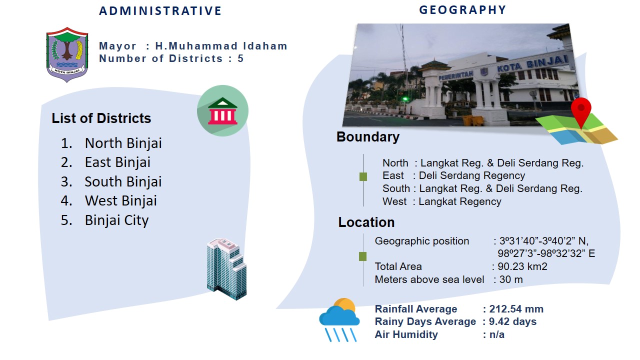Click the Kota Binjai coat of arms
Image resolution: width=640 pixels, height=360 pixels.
[x=67, y=54]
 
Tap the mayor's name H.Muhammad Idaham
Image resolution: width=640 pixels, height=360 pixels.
[x=221, y=46]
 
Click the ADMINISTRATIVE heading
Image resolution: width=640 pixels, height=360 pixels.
[x=160, y=11]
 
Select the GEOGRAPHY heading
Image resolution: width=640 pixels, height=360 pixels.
[x=462, y=10]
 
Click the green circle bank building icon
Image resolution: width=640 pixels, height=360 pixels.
[x=222, y=110]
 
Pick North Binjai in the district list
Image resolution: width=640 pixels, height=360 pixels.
[x=123, y=143]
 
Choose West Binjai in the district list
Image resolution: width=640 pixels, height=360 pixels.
[x=121, y=200]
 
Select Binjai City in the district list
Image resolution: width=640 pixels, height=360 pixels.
[x=116, y=220]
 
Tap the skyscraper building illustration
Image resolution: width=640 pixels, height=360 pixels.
[x=226, y=269]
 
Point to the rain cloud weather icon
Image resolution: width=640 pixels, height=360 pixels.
[x=339, y=319]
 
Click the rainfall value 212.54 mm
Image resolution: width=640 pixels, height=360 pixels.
[x=516, y=309]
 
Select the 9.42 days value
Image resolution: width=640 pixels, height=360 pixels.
[x=512, y=321]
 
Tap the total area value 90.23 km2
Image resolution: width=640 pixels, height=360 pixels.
[x=522, y=266]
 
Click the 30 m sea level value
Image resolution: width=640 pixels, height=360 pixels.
[x=511, y=279]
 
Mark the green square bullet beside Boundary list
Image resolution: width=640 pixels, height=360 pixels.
[x=363, y=177]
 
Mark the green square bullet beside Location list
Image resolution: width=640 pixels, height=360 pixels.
[x=362, y=256]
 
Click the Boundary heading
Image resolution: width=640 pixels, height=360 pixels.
[x=368, y=137]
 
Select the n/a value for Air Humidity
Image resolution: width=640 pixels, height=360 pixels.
[x=497, y=334]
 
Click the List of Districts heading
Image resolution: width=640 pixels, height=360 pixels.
[x=101, y=118]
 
